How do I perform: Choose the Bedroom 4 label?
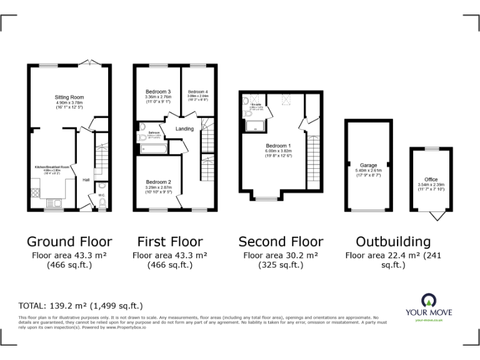(x=197, y=92)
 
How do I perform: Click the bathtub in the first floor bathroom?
(x=153, y=149)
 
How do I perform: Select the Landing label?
(x=184, y=129)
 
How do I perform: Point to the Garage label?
(x=368, y=165)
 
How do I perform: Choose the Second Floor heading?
(x=281, y=242)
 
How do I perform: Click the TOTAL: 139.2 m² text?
(x=81, y=306)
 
